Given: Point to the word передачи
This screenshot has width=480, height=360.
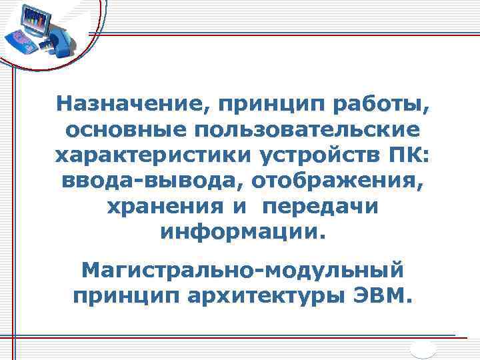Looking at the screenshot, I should click(321, 207).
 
